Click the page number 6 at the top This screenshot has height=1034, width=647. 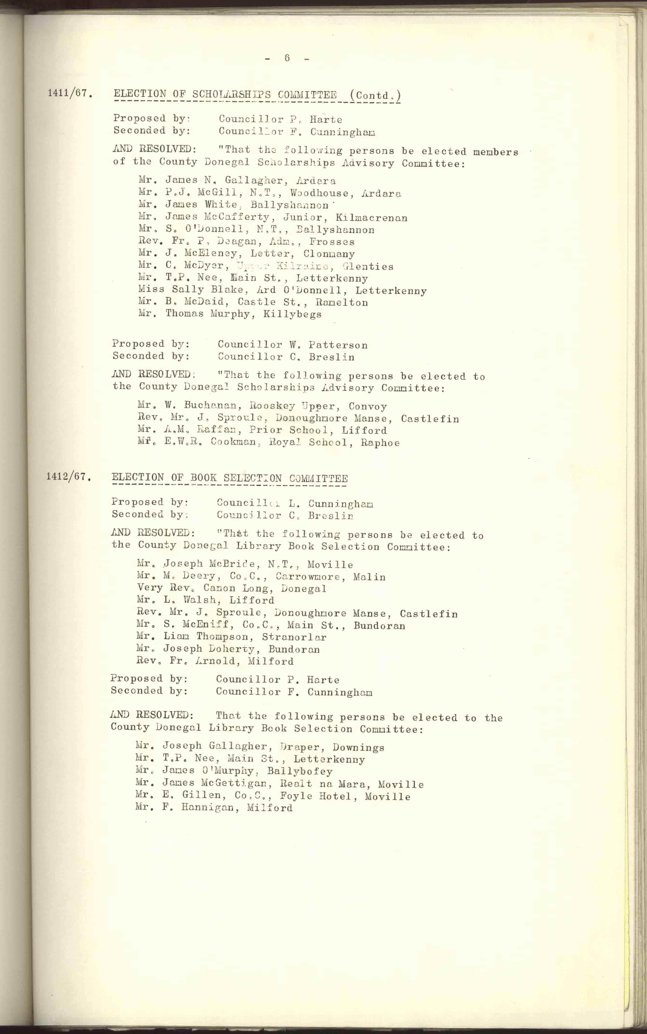(287, 58)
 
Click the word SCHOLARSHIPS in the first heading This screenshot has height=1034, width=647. (231, 95)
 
